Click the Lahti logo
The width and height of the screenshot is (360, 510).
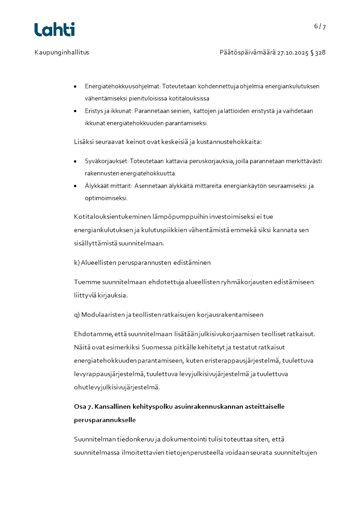coord(54,30)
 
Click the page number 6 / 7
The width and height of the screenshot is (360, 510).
coord(320,26)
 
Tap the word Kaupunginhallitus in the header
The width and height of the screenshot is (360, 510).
coord(62,52)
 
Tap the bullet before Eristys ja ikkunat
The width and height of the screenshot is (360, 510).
coord(75,111)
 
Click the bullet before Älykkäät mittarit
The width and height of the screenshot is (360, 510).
coord(75,186)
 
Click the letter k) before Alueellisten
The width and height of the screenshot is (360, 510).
coord(77,262)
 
